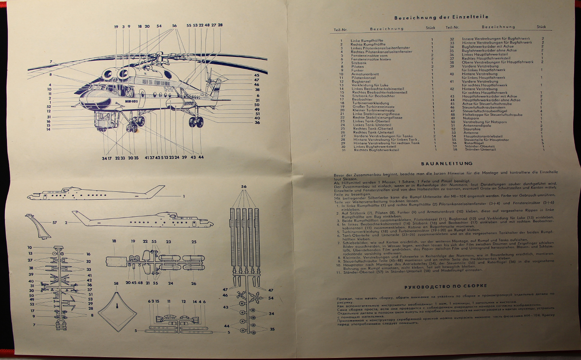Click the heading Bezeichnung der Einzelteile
point(441,17)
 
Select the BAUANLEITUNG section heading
point(441,164)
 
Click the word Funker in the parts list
point(357,71)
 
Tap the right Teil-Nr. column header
point(452,27)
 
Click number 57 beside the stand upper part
point(55,223)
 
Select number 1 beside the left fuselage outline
point(183,196)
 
